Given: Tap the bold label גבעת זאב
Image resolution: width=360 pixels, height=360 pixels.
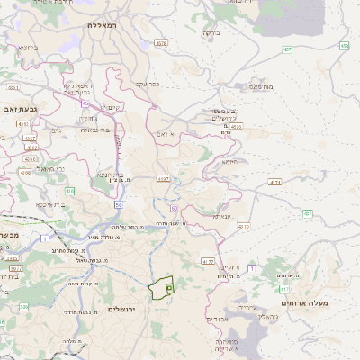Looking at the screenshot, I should coord(19,108).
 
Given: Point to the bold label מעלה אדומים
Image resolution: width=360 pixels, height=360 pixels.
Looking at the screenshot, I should coord(304,303).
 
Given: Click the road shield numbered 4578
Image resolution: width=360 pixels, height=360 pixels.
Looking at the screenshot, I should coord(161,42).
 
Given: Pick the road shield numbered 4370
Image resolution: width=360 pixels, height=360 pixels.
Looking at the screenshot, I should coord(237,127).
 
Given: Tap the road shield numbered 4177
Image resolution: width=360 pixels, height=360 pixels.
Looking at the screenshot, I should coord(208,261).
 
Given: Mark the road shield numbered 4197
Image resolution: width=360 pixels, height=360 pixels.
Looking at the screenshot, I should coord(163,179).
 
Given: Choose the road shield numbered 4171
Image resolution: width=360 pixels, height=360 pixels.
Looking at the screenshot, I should coord(275,182).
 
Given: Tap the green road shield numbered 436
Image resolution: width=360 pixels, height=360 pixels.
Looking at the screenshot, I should coord(69,191).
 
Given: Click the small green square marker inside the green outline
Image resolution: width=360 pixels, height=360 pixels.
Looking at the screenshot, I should coord(169,284).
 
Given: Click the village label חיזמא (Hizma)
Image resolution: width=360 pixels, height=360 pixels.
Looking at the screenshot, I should coord(230,162).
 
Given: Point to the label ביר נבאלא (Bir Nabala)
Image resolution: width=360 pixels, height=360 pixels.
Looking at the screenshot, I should coord(98,130).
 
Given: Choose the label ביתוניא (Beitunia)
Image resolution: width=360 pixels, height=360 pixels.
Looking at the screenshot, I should coord(27,46).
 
